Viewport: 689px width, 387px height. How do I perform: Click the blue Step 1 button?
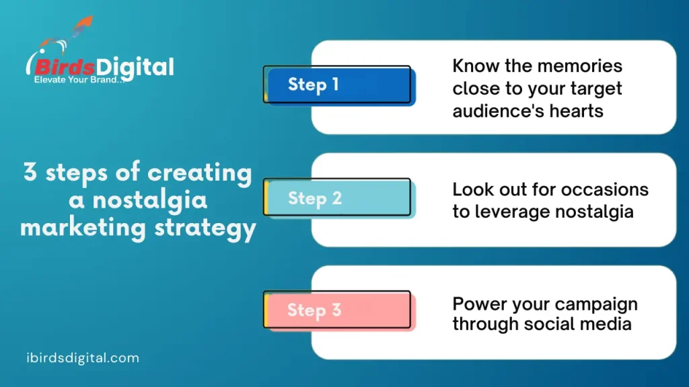[x=338, y=85]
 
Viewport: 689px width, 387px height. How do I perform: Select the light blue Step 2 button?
[x=338, y=198]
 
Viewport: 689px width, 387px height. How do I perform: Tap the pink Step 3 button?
[x=338, y=310]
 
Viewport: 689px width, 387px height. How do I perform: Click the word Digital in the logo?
[x=135, y=67]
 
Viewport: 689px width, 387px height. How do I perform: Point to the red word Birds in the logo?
[x=62, y=67]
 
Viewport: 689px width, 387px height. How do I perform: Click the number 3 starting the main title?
[x=30, y=173]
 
